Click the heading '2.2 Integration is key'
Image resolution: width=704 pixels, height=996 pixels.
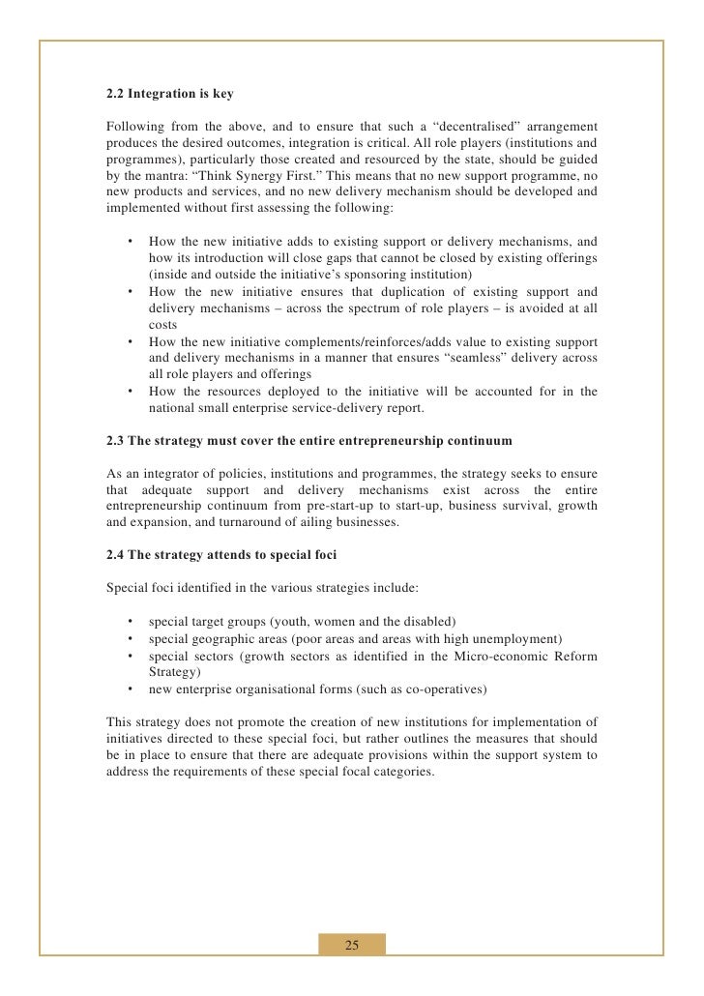click(x=169, y=96)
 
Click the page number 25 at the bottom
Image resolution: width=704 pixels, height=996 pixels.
click(x=352, y=945)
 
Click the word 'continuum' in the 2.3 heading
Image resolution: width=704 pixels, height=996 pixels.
click(x=480, y=442)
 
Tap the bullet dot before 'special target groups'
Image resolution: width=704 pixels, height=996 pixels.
click(x=129, y=620)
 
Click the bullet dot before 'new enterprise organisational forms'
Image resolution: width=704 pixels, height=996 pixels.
click(x=129, y=689)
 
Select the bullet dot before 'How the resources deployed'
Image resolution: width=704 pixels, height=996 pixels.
click(x=129, y=391)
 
